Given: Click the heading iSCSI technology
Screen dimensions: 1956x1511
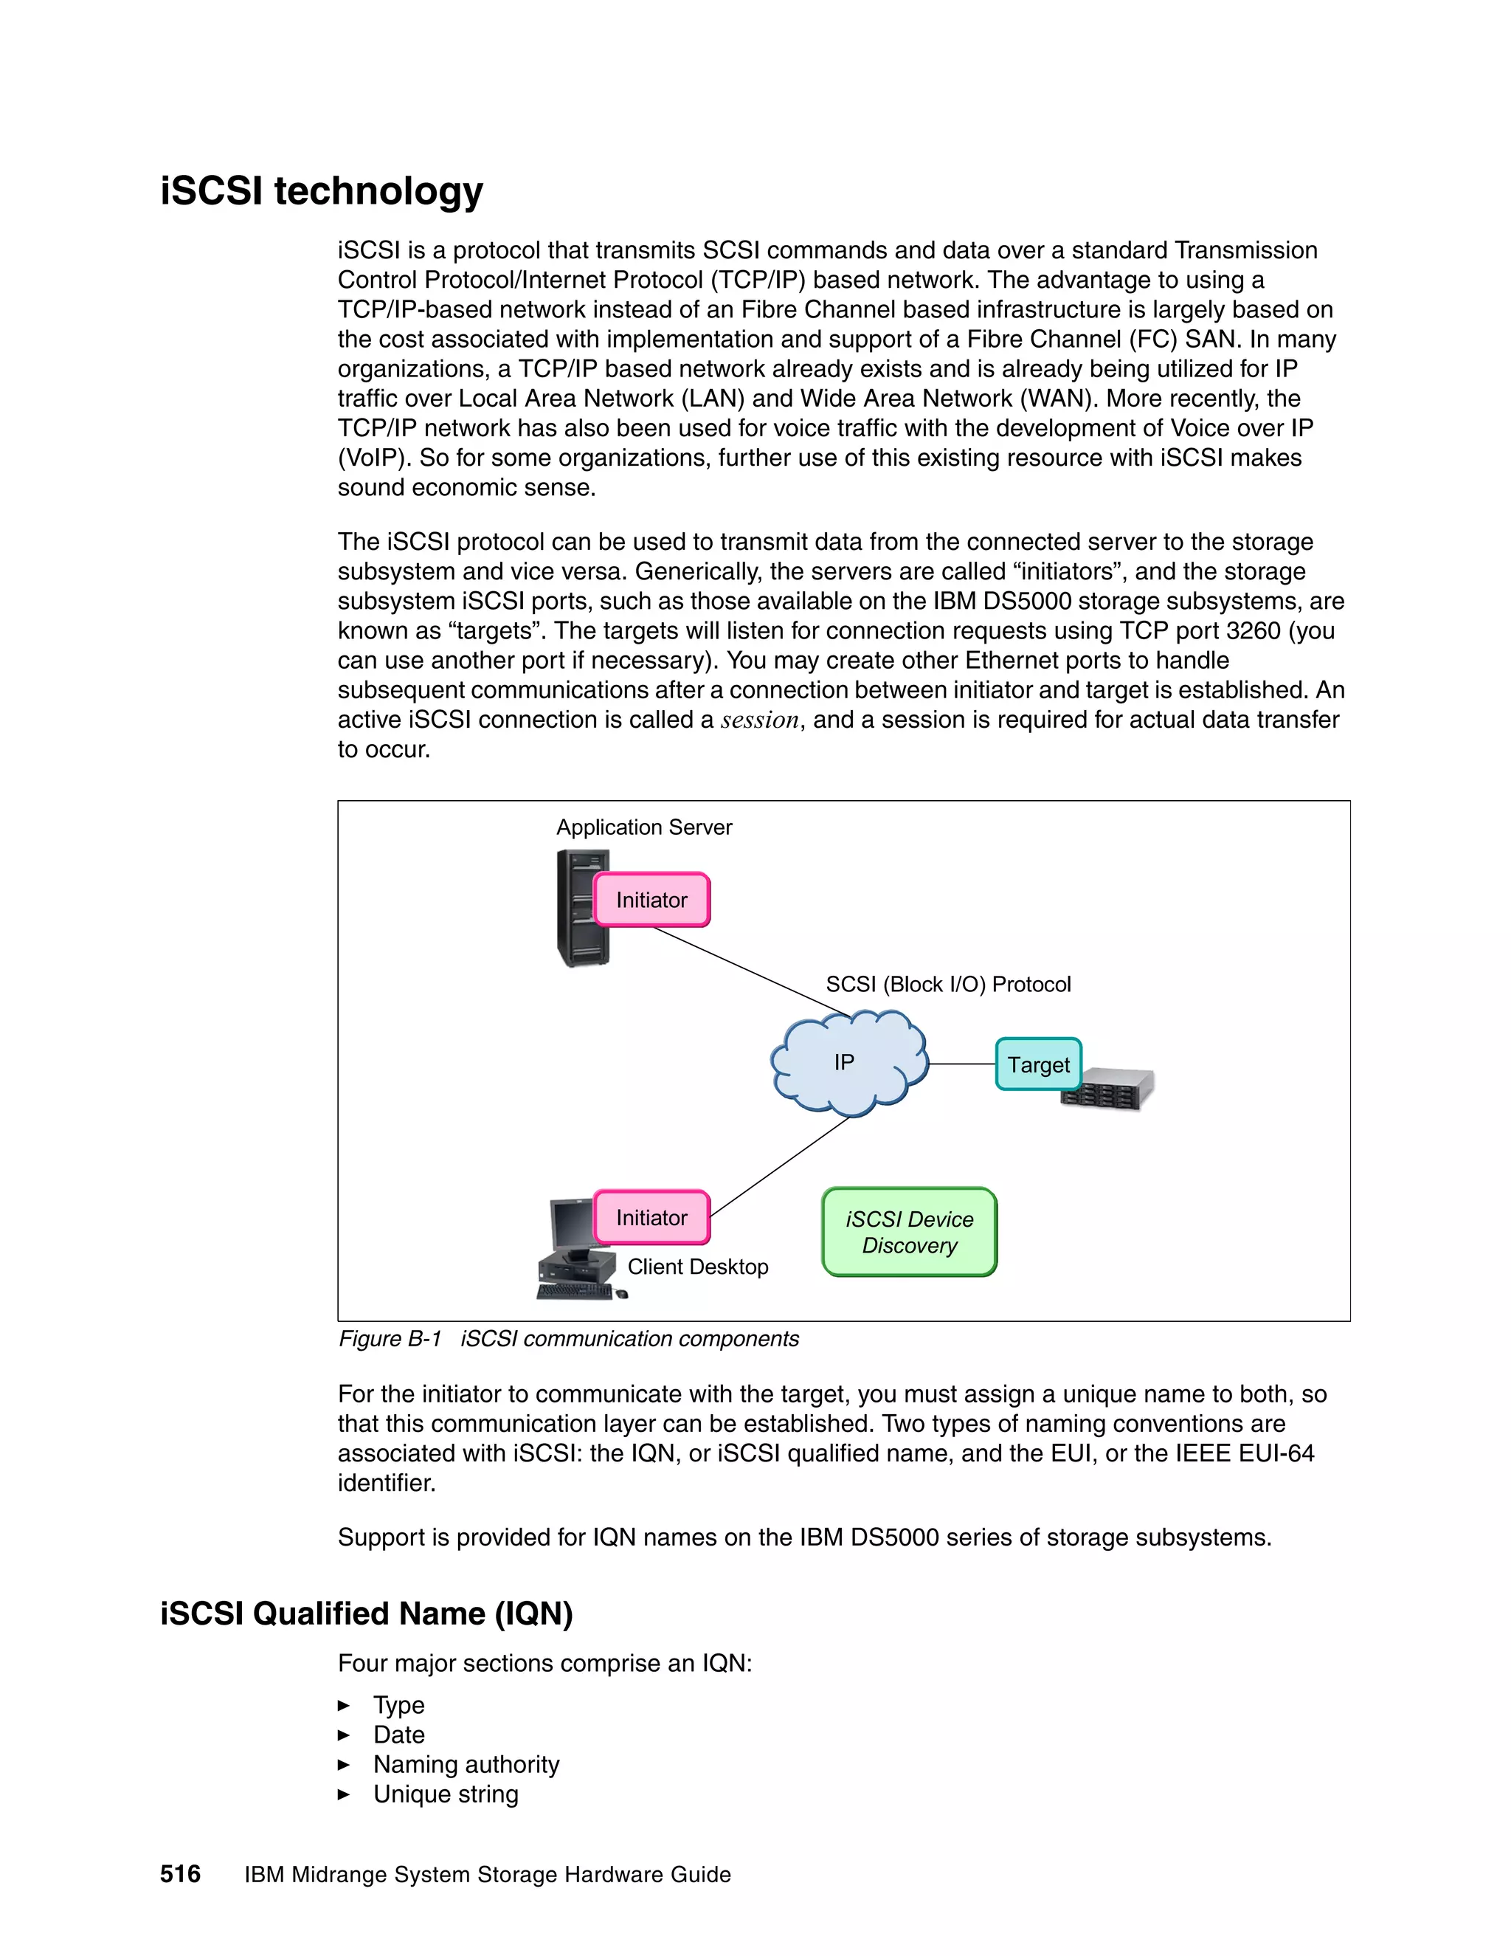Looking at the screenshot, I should [x=322, y=190].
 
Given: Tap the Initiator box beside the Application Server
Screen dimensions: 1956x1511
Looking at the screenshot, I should [x=651, y=900].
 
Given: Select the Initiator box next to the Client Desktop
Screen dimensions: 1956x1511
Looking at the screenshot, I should [x=651, y=1217].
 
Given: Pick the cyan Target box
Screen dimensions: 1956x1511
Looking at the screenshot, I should [x=1038, y=1064].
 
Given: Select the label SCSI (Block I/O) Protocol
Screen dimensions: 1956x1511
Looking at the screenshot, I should [x=948, y=984].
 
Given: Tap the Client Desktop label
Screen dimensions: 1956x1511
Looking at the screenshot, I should [x=697, y=1267].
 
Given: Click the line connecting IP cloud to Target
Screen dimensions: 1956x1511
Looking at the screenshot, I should [x=962, y=1064].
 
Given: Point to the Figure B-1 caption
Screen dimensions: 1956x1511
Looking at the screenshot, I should [x=568, y=1339].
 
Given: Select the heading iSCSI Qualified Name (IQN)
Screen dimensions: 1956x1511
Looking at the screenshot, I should [x=366, y=1613].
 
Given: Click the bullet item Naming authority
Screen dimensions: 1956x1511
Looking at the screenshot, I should [x=466, y=1764].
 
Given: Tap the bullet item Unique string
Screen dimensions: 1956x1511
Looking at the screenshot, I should [x=445, y=1794].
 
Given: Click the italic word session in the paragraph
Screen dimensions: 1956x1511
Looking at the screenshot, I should [x=759, y=720].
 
